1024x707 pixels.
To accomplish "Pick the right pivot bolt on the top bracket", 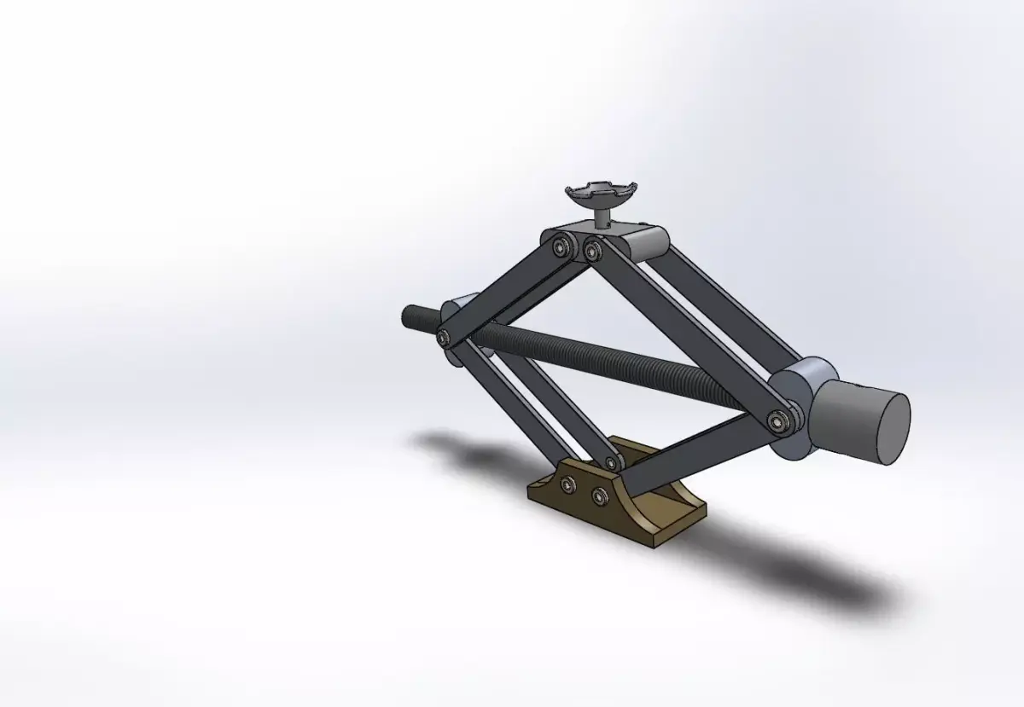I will (x=591, y=249).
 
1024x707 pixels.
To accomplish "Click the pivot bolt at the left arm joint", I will (x=443, y=338).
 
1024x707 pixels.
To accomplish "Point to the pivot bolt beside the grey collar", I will (x=776, y=420).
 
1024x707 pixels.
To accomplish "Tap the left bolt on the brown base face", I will (x=567, y=485).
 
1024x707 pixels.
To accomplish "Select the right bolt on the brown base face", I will (x=599, y=495).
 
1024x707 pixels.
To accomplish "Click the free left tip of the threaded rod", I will (x=408, y=317).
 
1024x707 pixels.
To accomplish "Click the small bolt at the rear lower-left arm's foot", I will (x=611, y=463).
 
